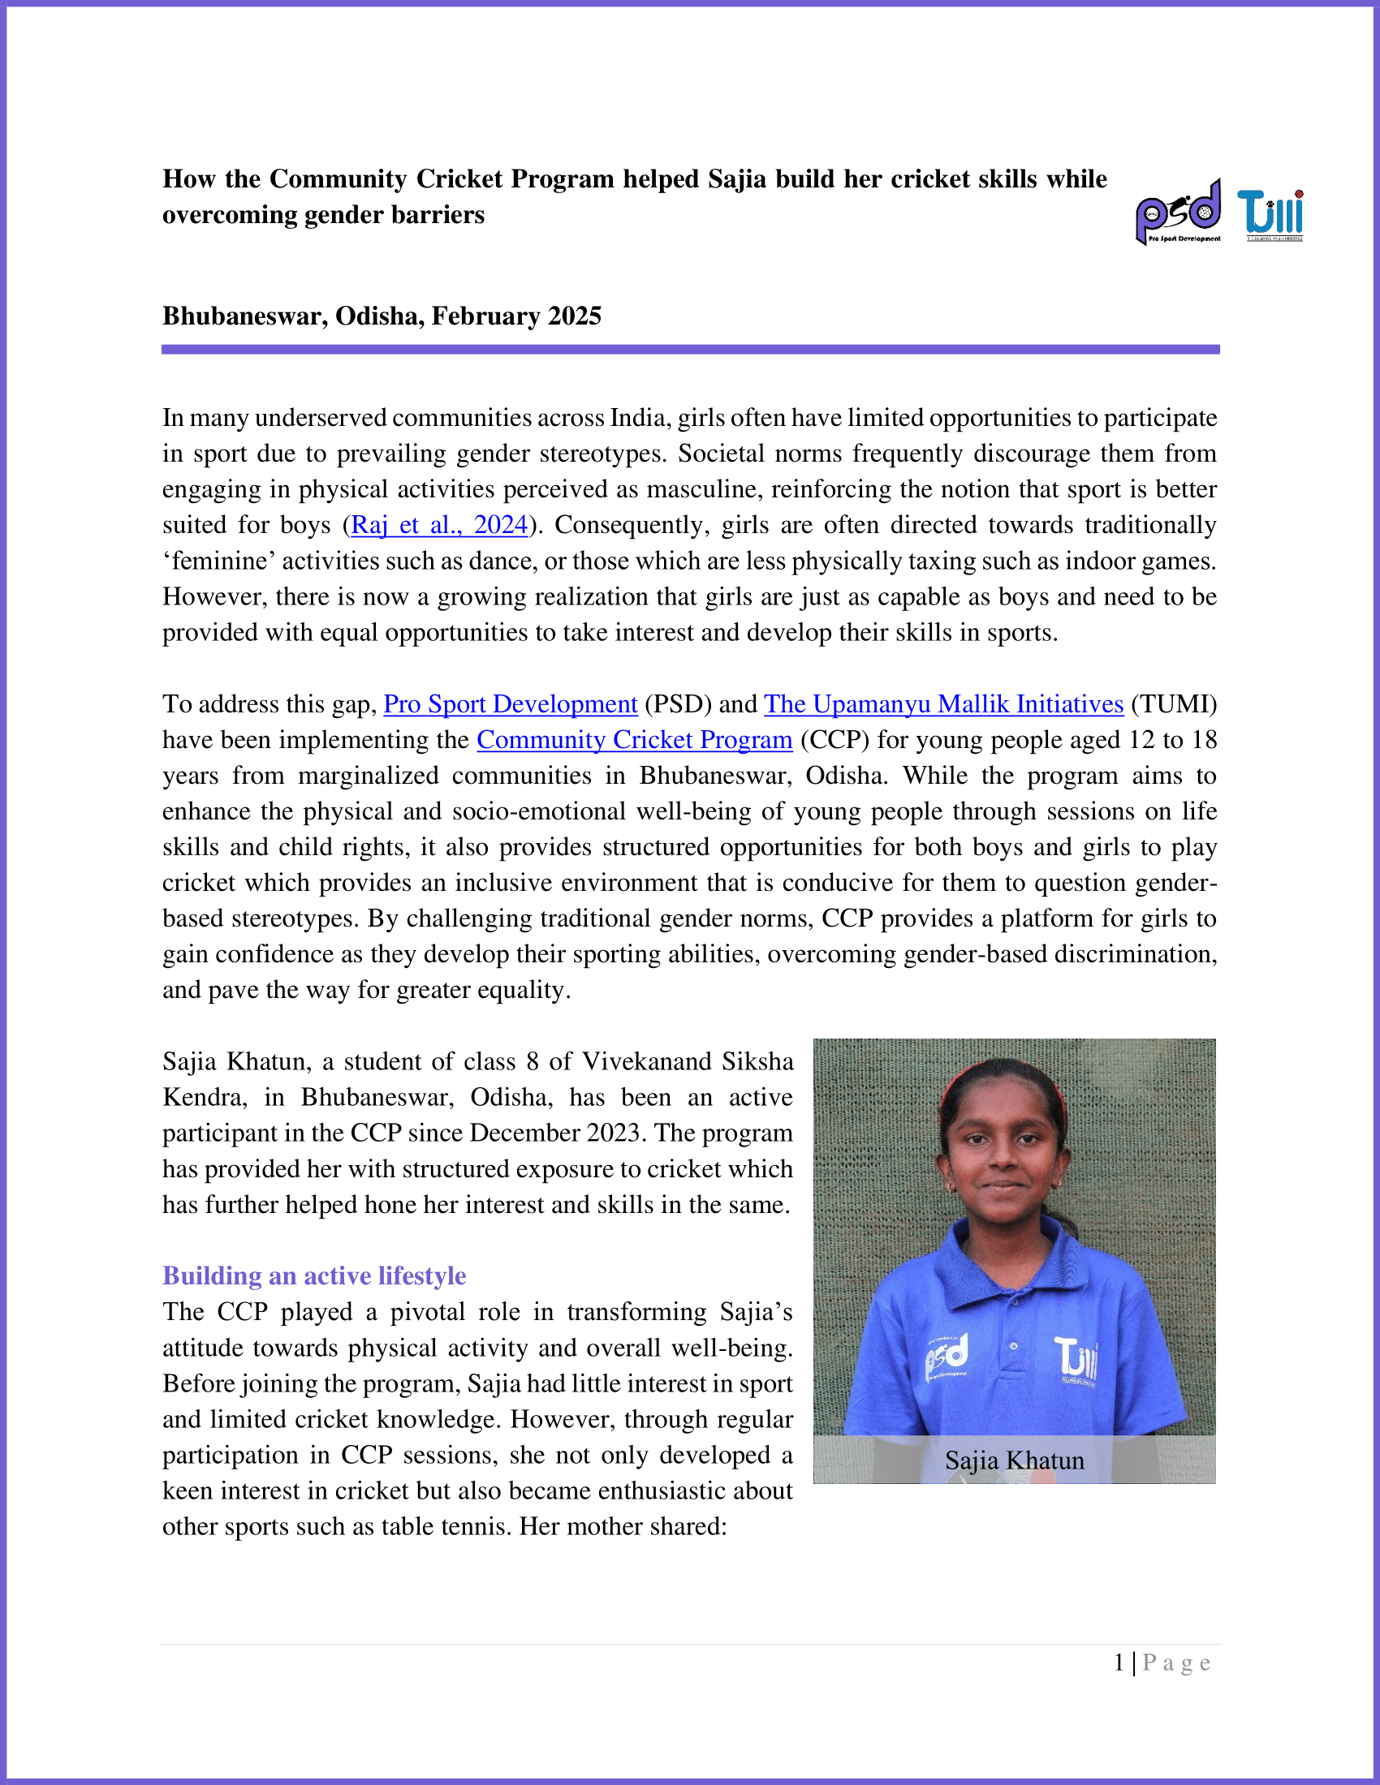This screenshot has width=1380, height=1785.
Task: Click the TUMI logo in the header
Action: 1270,215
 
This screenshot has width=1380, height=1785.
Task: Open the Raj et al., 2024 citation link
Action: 439,525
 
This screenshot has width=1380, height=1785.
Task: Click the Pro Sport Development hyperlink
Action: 510,703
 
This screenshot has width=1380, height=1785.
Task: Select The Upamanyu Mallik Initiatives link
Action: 943,703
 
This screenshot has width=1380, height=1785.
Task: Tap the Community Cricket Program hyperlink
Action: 635,740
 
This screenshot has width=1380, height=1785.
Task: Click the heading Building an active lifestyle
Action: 314,1275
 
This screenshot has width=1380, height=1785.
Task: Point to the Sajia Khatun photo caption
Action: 1014,1460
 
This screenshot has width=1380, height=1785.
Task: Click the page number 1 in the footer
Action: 1119,1662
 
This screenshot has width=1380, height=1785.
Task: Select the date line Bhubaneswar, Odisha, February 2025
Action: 382,316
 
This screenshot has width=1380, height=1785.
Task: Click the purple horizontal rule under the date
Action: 690,350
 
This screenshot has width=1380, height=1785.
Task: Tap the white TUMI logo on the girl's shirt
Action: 1075,1358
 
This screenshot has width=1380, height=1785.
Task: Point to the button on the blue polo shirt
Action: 1014,1346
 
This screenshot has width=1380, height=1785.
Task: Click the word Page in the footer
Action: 1176,1662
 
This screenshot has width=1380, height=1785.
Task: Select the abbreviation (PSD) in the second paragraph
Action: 678,703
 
